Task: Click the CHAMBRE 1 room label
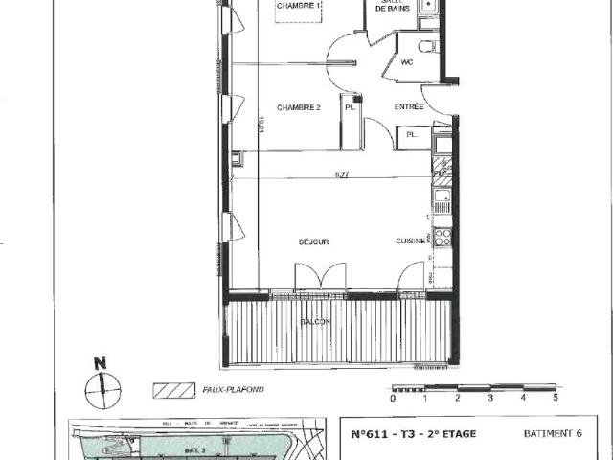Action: tap(298, 8)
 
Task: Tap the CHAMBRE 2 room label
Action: tap(298, 107)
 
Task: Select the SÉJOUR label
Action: tap(312, 242)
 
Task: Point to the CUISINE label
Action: tap(411, 242)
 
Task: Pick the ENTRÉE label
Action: tap(409, 107)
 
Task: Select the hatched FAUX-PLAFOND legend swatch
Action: tap(172, 391)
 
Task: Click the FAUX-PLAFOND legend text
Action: tap(233, 391)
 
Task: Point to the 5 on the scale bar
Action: tap(555, 397)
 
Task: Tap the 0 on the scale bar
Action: tap(394, 397)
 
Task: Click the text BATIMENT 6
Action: tap(552, 433)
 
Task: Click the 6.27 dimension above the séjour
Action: tap(342, 174)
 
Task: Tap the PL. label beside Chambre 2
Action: tap(350, 108)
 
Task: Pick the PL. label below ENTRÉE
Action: tap(412, 135)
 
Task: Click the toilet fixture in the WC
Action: tap(425, 46)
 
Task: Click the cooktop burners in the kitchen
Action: tap(443, 236)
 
